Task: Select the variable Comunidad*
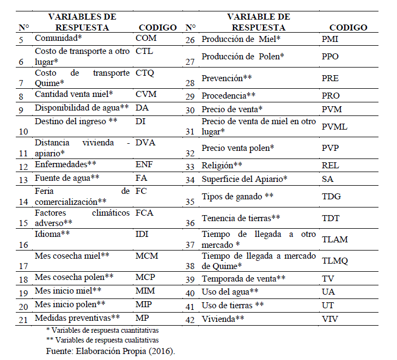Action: click(58, 39)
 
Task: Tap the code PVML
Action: click(334, 127)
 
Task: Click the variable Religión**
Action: click(222, 164)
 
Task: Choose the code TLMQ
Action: click(335, 260)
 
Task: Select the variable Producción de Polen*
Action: click(243, 57)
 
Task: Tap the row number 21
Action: click(23, 320)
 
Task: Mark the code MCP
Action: click(145, 277)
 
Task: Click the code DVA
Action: click(145, 143)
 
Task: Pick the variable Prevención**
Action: click(227, 78)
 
